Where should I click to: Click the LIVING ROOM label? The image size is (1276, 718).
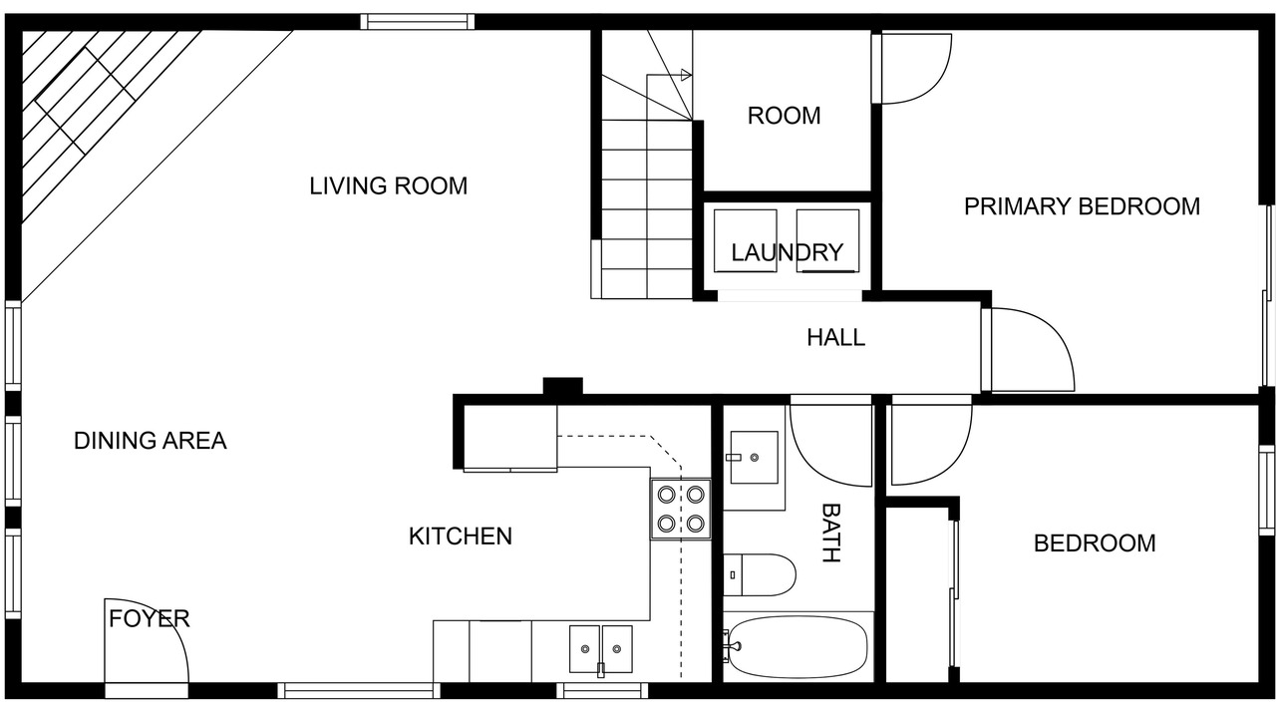click(x=388, y=185)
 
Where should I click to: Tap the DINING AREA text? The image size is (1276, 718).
click(x=151, y=441)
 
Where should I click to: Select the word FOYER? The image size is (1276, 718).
click(x=149, y=618)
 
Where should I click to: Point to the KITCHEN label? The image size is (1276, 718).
click(x=461, y=537)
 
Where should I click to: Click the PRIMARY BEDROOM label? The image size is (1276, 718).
click(x=1082, y=206)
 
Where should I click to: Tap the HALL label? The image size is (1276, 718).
click(x=835, y=338)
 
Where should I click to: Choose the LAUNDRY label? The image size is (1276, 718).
click(x=787, y=252)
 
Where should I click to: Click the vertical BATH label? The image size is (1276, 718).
click(x=831, y=533)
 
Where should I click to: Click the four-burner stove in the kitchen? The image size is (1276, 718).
click(x=681, y=509)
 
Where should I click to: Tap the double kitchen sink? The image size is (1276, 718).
click(x=600, y=648)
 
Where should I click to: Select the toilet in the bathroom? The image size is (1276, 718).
click(x=760, y=575)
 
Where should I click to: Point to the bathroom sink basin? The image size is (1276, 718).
click(x=755, y=457)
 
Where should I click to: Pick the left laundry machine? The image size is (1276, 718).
click(x=745, y=240)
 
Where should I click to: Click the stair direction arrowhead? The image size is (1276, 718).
click(x=687, y=75)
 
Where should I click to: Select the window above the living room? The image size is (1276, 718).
click(x=418, y=22)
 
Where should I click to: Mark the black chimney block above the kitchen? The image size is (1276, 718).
click(x=563, y=386)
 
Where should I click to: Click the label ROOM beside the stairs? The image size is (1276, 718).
click(x=784, y=116)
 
